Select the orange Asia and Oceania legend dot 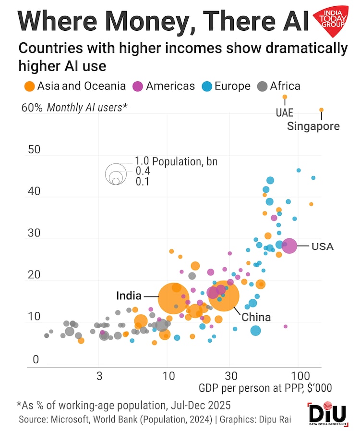[x=29, y=86]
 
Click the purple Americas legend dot [x=138, y=86]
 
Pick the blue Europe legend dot [x=206, y=86]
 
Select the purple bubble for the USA [x=290, y=246]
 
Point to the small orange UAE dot [x=285, y=97]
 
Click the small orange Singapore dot [x=322, y=110]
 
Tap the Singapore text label [x=313, y=126]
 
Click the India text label [x=129, y=296]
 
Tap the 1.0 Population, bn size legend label [x=176, y=161]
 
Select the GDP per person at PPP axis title [x=265, y=388]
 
